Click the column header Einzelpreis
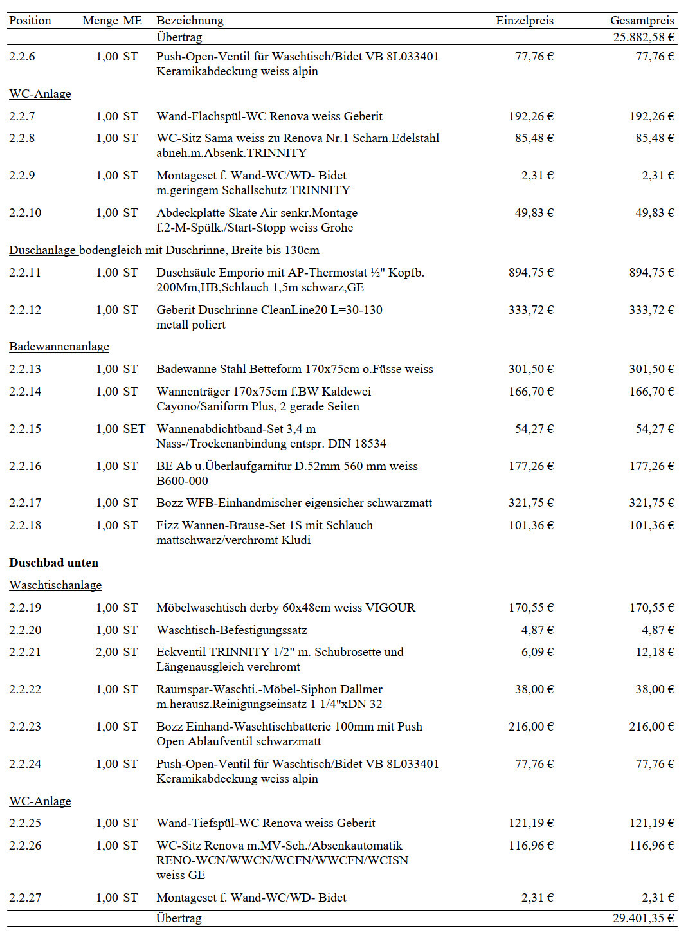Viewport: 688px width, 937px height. click(524, 21)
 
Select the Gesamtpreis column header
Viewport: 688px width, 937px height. click(642, 21)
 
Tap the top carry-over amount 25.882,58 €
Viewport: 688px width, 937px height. click(643, 37)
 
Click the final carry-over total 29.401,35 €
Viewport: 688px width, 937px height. click(643, 918)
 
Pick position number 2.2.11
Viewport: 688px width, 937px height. click(25, 273)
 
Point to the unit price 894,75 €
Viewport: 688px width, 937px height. click(530, 273)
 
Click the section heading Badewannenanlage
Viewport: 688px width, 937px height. click(59, 347)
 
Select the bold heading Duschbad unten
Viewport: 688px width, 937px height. click(54, 563)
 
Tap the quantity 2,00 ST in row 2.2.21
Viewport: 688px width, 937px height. click(116, 652)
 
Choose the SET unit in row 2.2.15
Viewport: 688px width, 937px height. click(134, 429)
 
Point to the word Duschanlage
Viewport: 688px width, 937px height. click(42, 250)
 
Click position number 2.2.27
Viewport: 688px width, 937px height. click(25, 898)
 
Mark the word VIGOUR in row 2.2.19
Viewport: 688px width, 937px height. click(390, 608)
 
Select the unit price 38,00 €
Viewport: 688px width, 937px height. click(534, 689)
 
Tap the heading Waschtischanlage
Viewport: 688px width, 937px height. click(55, 585)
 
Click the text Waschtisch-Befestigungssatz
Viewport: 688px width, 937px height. click(231, 630)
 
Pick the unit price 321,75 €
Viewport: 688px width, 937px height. click(530, 503)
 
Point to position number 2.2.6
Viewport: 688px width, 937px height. click(22, 57)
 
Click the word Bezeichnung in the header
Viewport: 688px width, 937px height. click(190, 21)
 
